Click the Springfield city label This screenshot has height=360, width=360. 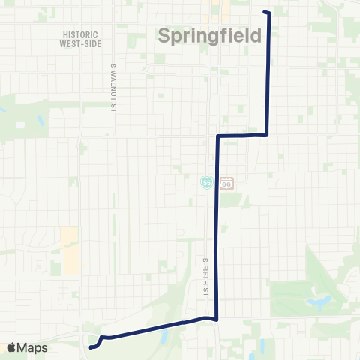211,36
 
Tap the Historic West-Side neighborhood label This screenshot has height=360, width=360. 80,39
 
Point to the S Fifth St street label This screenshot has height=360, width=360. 205,275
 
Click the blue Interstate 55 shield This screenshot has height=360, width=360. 206,183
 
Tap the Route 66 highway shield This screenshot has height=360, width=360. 227,183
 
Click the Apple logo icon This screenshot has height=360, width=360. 11,348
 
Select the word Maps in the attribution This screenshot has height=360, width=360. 33,348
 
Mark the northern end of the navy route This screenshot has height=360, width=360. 265,12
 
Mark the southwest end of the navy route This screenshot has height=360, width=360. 91,347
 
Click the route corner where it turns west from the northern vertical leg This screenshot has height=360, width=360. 268,136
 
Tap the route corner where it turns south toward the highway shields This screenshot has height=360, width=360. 217,136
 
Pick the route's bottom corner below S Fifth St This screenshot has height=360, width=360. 217,319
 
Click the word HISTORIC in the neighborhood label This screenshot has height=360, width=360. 80,34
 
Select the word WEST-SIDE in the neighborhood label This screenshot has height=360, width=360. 80,43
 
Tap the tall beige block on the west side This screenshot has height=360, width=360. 69,250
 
